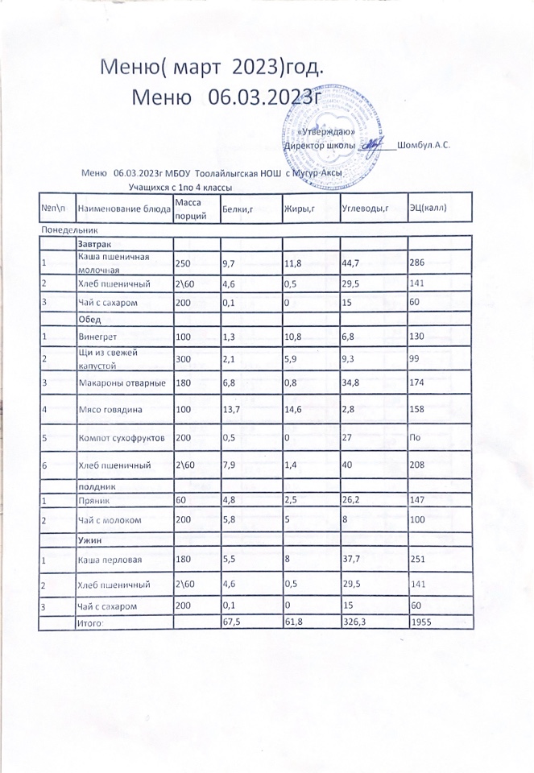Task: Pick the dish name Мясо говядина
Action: tap(110, 410)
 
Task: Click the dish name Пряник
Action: tap(92, 500)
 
